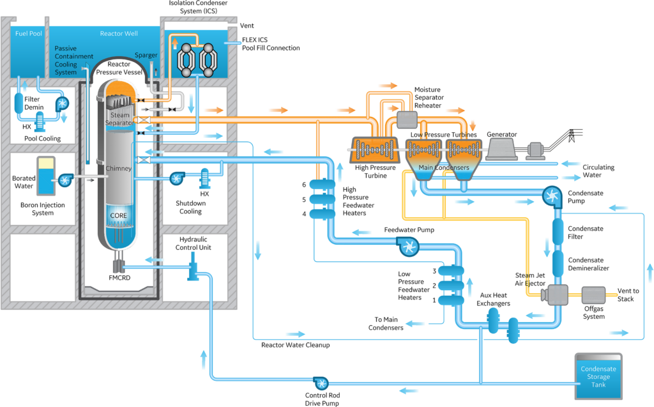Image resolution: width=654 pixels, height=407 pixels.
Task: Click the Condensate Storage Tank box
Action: pos(595,376)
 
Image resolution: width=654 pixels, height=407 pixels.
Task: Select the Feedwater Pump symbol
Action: pos(406,243)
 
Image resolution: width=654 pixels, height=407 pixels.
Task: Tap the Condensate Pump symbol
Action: pos(550,194)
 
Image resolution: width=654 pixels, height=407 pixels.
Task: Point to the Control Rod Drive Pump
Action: pos(321,383)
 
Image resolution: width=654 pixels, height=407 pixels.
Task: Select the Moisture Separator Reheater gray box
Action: pos(406,119)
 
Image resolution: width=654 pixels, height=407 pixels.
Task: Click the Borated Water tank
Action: pos(46,176)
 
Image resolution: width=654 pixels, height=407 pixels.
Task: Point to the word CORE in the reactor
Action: pos(119,216)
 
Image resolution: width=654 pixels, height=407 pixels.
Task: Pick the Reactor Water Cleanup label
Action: pos(290,345)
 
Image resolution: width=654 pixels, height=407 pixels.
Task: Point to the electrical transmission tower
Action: pos(572,139)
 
